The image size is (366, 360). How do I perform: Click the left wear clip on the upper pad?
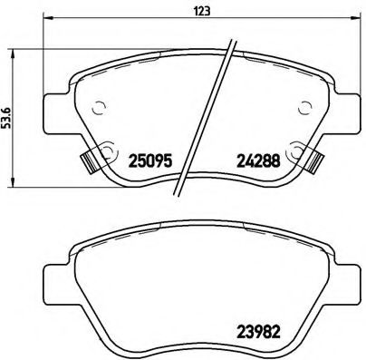point(89,162)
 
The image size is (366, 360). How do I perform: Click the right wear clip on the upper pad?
point(315,162)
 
